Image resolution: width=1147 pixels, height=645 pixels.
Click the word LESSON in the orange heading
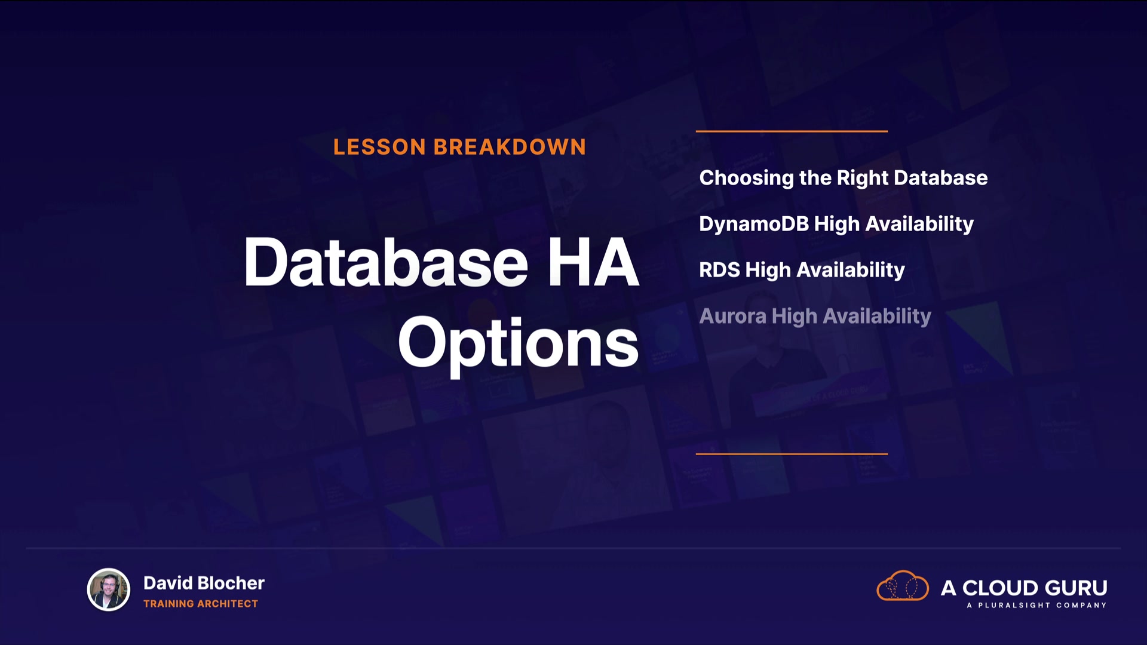pyautogui.click(x=379, y=147)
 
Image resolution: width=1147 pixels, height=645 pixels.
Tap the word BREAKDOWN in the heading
pyautogui.click(x=510, y=147)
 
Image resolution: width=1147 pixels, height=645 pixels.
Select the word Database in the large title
pyautogui.click(x=386, y=262)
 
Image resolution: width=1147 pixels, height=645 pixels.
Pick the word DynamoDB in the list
pyautogui.click(x=754, y=224)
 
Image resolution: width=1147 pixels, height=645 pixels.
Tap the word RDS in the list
pyautogui.click(x=720, y=270)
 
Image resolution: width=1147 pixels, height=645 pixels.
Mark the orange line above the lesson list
pyautogui.click(x=792, y=131)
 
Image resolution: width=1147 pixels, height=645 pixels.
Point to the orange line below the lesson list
pyautogui.click(x=792, y=454)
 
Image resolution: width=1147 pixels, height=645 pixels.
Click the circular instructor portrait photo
pyautogui.click(x=109, y=589)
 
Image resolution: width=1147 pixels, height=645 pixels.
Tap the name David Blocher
pyautogui.click(x=204, y=583)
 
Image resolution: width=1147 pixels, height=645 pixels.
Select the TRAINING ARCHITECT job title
pyautogui.click(x=201, y=604)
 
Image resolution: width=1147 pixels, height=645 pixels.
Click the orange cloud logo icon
pyautogui.click(x=902, y=585)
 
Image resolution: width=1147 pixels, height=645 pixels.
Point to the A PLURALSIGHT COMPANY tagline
pyautogui.click(x=1036, y=606)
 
